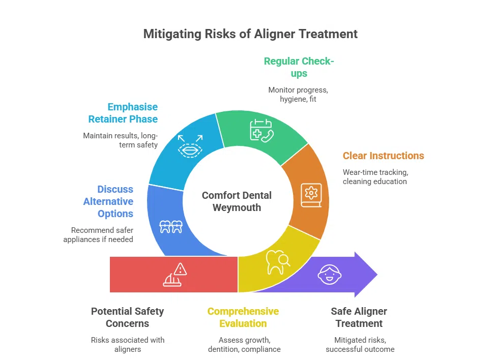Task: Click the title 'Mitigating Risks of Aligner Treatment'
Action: coord(250,34)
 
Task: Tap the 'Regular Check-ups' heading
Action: coord(299,67)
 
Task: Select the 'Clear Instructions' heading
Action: coord(383,156)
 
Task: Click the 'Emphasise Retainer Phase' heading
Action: coord(123,113)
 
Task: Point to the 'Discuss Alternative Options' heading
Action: coord(108,201)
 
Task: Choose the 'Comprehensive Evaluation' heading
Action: coord(243,317)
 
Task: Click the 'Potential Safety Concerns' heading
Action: coord(127,317)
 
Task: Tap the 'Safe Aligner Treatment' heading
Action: coord(360,317)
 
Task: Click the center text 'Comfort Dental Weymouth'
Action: coord(237,201)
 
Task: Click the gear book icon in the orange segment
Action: coord(311,194)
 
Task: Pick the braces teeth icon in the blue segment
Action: coord(171,226)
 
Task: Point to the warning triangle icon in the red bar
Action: coord(174,275)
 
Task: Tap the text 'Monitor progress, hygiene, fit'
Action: coord(299,95)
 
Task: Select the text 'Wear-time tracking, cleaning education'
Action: coord(375,176)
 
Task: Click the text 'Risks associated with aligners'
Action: coord(128,344)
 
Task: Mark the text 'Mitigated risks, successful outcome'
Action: coord(360,344)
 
